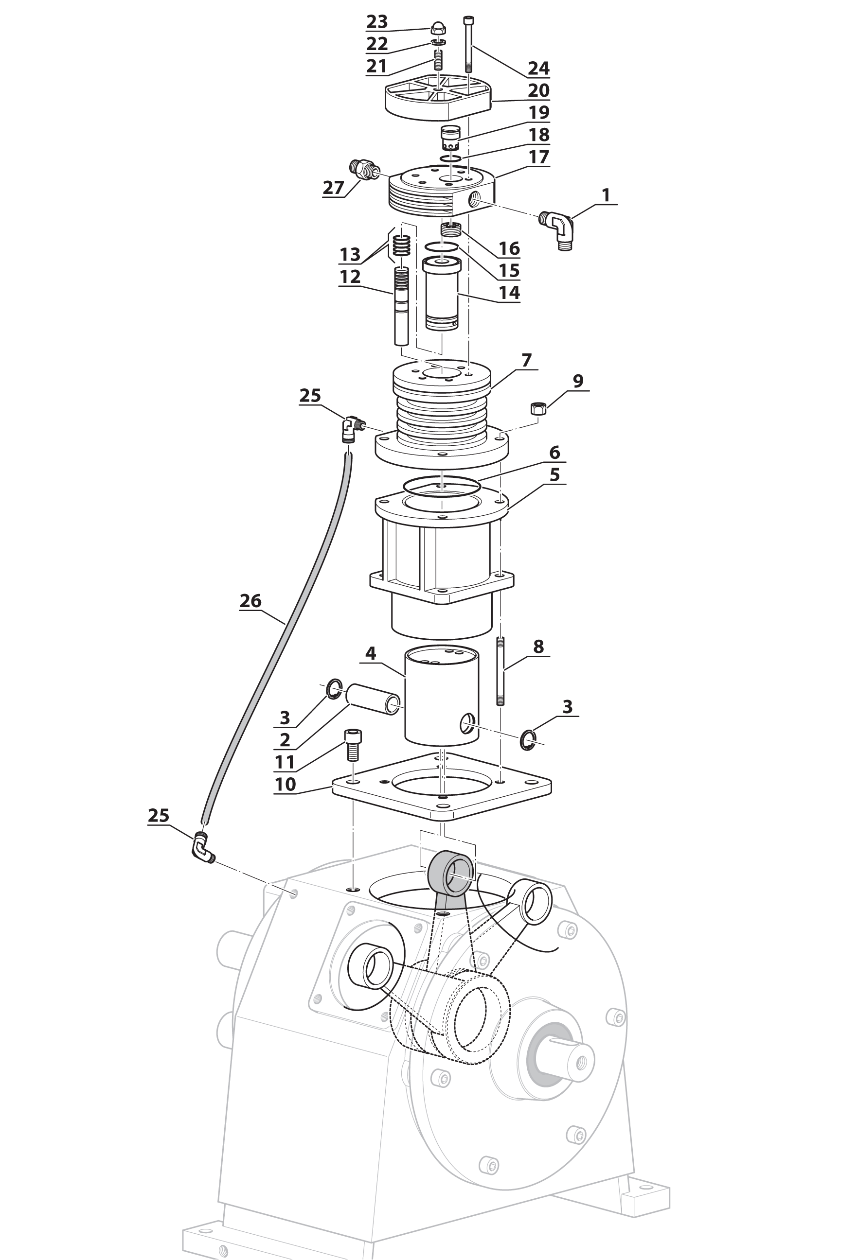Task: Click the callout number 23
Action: pyautogui.click(x=377, y=22)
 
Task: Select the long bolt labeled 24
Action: pyautogui.click(x=468, y=46)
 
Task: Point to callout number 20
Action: pyautogui.click(x=538, y=90)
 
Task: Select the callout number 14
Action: pyautogui.click(x=509, y=293)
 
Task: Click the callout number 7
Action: pyautogui.click(x=526, y=360)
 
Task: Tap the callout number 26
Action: pyautogui.click(x=250, y=601)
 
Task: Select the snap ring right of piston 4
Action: pyautogui.click(x=528, y=740)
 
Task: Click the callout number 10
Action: pyautogui.click(x=286, y=784)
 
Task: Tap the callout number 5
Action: pyautogui.click(x=554, y=475)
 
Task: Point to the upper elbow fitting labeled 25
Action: pyautogui.click(x=352, y=428)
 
